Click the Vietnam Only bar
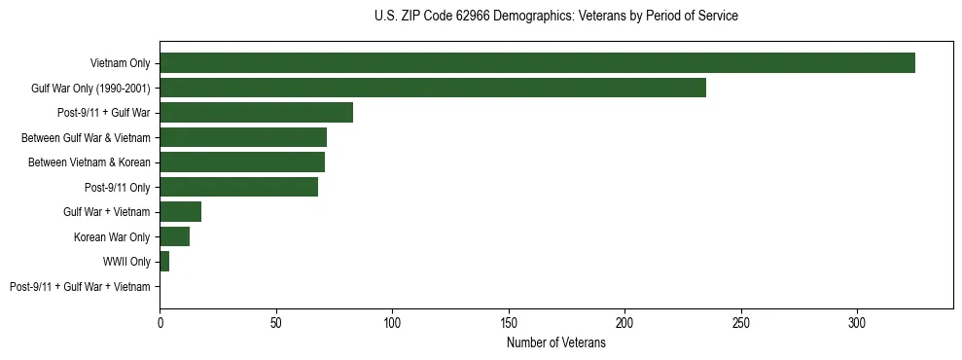click(537, 63)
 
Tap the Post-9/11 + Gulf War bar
click(256, 113)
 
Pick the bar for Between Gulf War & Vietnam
click(243, 137)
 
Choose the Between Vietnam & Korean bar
click(242, 162)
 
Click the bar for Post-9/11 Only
click(238, 187)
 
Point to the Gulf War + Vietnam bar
click(180, 212)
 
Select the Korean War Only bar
click(174, 236)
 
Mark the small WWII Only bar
click(164, 262)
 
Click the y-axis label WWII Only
click(126, 262)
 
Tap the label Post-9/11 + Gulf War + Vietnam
click(80, 287)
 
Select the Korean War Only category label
click(112, 237)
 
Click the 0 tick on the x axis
click(160, 321)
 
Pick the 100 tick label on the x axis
click(392, 321)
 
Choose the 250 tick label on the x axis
click(741, 321)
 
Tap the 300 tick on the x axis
click(857, 321)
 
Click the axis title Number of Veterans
click(555, 343)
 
